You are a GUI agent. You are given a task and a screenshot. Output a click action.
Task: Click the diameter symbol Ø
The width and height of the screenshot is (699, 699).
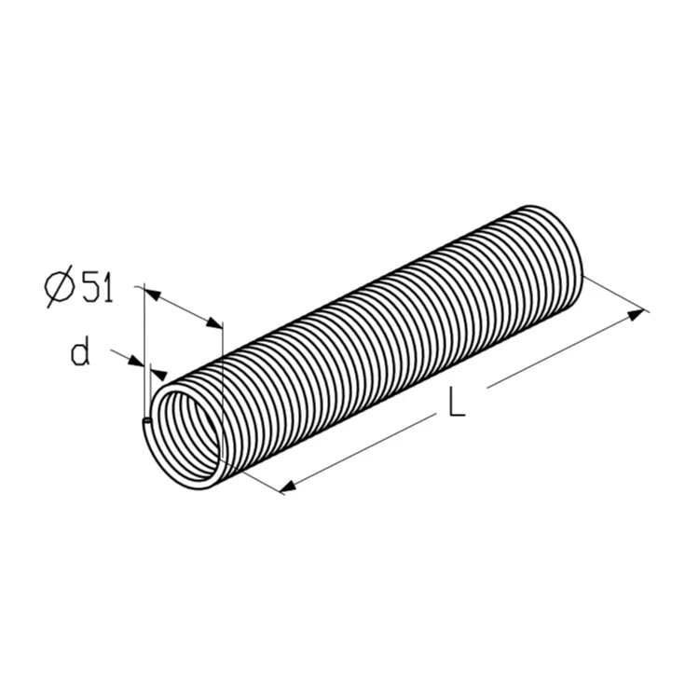[61, 286]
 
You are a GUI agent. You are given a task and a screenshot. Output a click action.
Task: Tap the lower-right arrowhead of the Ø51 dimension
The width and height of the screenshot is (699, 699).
[214, 323]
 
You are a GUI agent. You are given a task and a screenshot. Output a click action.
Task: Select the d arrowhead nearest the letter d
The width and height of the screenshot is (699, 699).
[135, 361]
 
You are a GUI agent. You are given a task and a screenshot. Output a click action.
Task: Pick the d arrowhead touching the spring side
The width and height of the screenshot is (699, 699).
[159, 373]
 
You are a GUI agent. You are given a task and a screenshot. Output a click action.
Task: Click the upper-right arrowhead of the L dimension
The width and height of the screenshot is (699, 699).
[636, 314]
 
